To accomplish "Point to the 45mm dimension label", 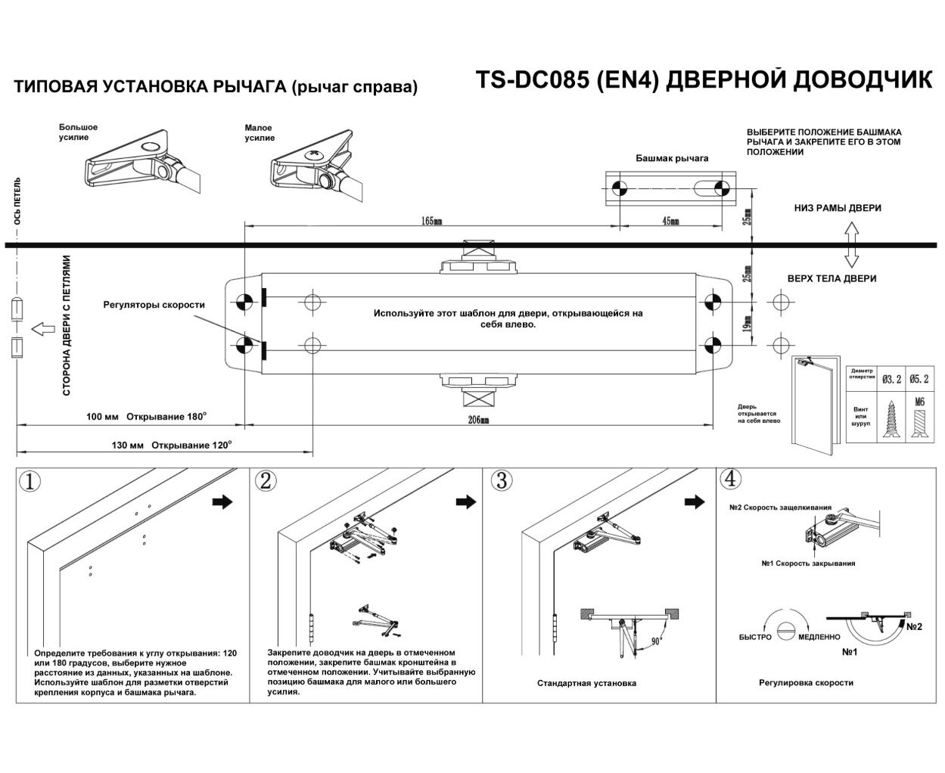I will (670, 221).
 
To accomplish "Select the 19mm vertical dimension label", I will (747, 324).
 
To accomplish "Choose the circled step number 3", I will (500, 481).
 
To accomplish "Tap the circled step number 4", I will (730, 479).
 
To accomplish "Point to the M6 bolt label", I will (920, 402).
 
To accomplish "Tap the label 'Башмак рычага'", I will (672, 158).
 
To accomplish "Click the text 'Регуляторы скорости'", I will (154, 305).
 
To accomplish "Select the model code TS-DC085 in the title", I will (530, 81).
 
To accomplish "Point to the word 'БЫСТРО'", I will (755, 638).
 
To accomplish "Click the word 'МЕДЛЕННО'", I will (819, 638).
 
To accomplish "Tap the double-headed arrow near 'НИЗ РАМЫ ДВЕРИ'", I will (850, 244).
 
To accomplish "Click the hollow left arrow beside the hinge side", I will (42, 329).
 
